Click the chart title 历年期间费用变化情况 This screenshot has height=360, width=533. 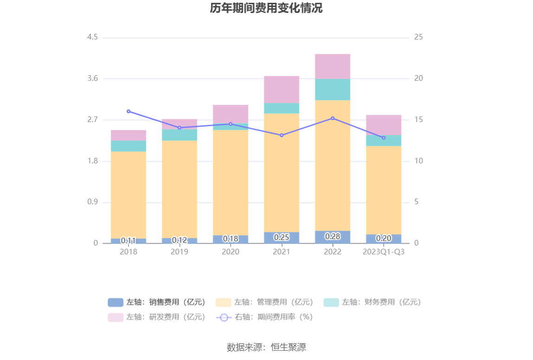pyautogui.click(x=266, y=8)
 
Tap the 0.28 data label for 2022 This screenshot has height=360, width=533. pyautogui.click(x=332, y=237)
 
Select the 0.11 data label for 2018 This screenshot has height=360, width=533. pyautogui.click(x=128, y=241)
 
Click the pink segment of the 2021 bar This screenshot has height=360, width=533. pyautogui.click(x=281, y=89)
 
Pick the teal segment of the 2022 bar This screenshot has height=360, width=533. pyautogui.click(x=332, y=90)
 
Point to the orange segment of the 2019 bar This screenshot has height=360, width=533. pyautogui.click(x=179, y=189)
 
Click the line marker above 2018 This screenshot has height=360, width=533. pyautogui.click(x=129, y=111)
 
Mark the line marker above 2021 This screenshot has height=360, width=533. pyautogui.click(x=281, y=135)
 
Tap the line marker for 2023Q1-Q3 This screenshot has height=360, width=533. pyautogui.click(x=383, y=138)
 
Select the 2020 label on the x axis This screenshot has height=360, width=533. pyautogui.click(x=230, y=252)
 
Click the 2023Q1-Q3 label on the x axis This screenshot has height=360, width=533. pyautogui.click(x=383, y=252)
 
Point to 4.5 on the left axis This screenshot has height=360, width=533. pyautogui.click(x=92, y=37)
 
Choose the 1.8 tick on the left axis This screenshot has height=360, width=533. pyautogui.click(x=92, y=161)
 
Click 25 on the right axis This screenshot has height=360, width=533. pyautogui.click(x=418, y=37)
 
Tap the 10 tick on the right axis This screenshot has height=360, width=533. pyautogui.click(x=418, y=161)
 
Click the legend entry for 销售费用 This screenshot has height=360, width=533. pyautogui.click(x=157, y=302)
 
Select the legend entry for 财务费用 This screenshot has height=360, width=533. pyautogui.click(x=372, y=302)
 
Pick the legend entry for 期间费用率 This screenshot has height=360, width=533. pyautogui.click(x=265, y=317)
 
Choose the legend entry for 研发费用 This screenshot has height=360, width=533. pyautogui.click(x=157, y=317)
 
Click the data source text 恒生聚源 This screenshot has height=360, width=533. pyautogui.click(x=266, y=347)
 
